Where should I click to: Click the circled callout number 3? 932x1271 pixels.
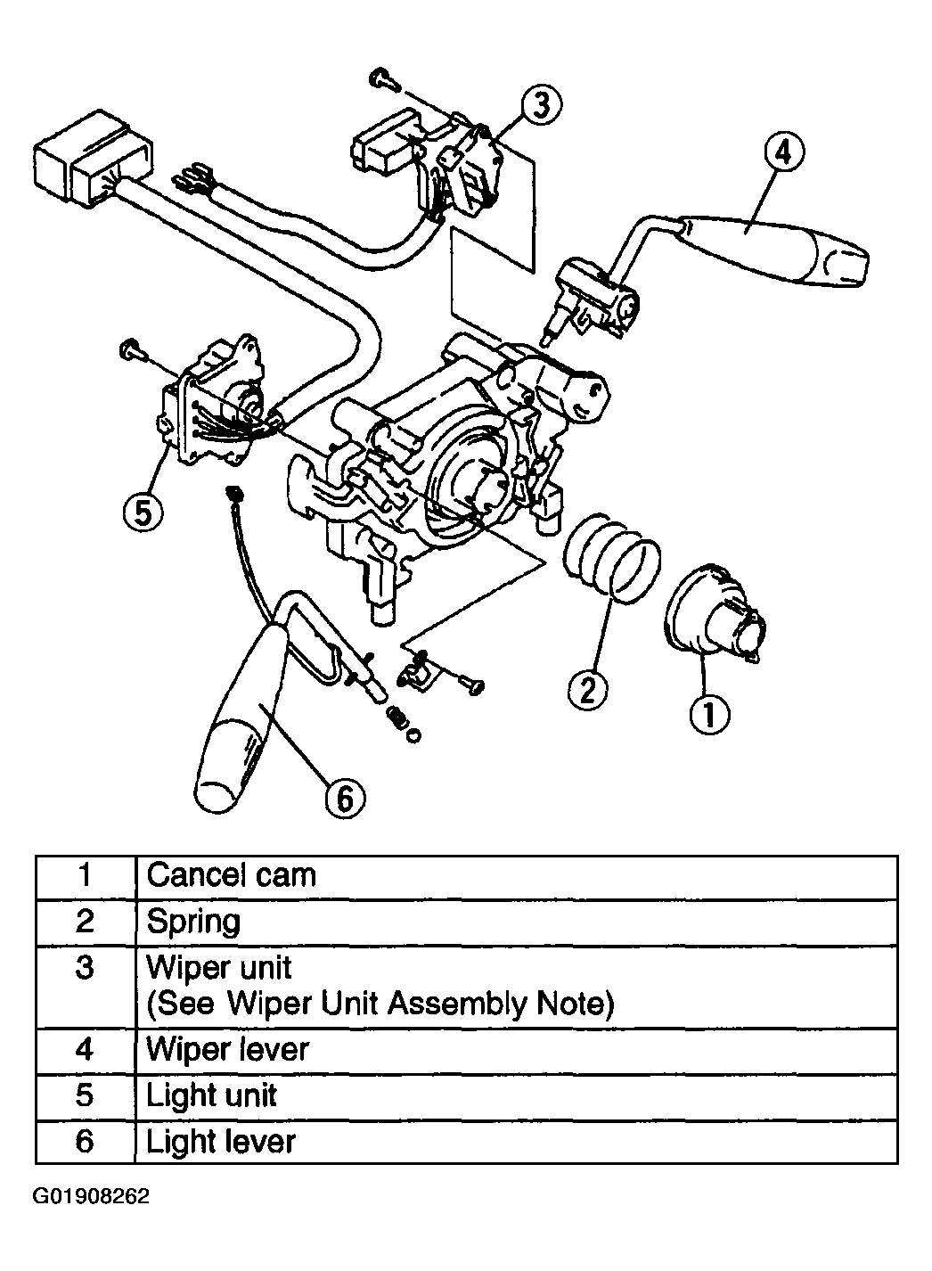coord(542,105)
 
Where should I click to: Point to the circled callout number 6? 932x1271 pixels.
coord(345,799)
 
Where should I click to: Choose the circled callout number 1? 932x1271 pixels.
coord(709,714)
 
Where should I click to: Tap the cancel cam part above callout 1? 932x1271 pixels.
coord(715,614)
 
